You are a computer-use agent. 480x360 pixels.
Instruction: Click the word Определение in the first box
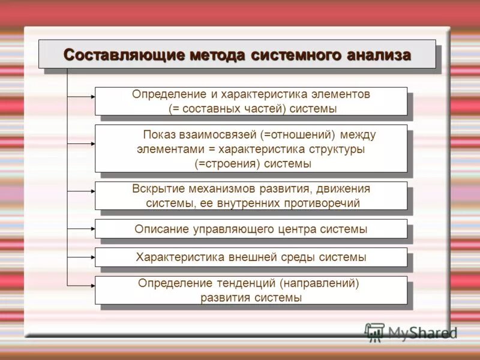161,95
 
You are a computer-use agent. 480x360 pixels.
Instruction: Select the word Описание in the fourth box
161,229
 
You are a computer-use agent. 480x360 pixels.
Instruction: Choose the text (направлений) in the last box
321,283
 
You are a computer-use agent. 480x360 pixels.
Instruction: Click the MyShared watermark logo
412,332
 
